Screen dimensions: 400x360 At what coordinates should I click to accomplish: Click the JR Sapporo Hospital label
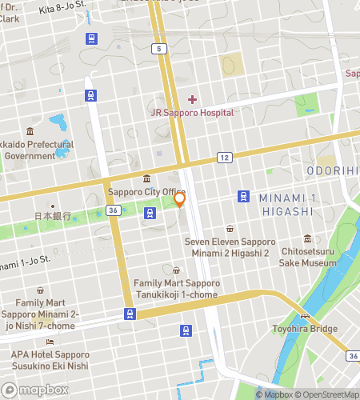(x=192, y=113)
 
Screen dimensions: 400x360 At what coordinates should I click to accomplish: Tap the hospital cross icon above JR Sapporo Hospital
(x=192, y=99)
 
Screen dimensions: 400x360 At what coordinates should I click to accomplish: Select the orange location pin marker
(x=180, y=199)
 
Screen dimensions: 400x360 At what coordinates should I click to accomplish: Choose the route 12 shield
(x=225, y=158)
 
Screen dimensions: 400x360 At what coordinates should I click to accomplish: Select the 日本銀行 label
(x=53, y=217)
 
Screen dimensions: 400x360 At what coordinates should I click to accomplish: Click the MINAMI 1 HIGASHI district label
(x=286, y=204)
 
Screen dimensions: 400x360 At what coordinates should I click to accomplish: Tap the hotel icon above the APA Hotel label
(x=50, y=342)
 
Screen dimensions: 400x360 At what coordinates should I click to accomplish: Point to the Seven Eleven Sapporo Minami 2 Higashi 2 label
(x=230, y=246)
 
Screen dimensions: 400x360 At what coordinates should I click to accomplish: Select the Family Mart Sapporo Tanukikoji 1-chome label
(x=176, y=289)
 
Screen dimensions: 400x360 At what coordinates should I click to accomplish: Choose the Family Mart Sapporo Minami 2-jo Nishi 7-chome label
(x=40, y=314)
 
